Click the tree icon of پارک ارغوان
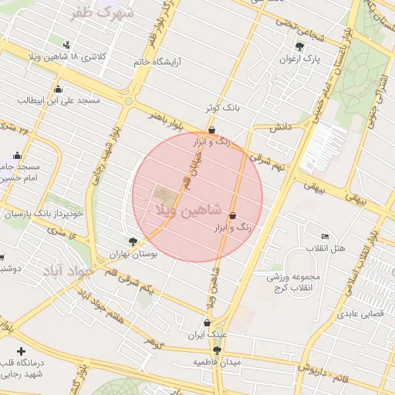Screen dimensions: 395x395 (x=299, y=46)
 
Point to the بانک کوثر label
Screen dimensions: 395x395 (x=223, y=108)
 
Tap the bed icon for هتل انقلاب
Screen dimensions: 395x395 (x=325, y=235)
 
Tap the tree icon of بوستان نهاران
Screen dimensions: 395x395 (x=133, y=241)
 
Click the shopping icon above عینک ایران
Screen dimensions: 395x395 (x=207, y=323)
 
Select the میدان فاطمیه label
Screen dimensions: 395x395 (x=217, y=362)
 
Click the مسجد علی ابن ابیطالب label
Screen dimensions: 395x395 (x=59, y=100)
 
